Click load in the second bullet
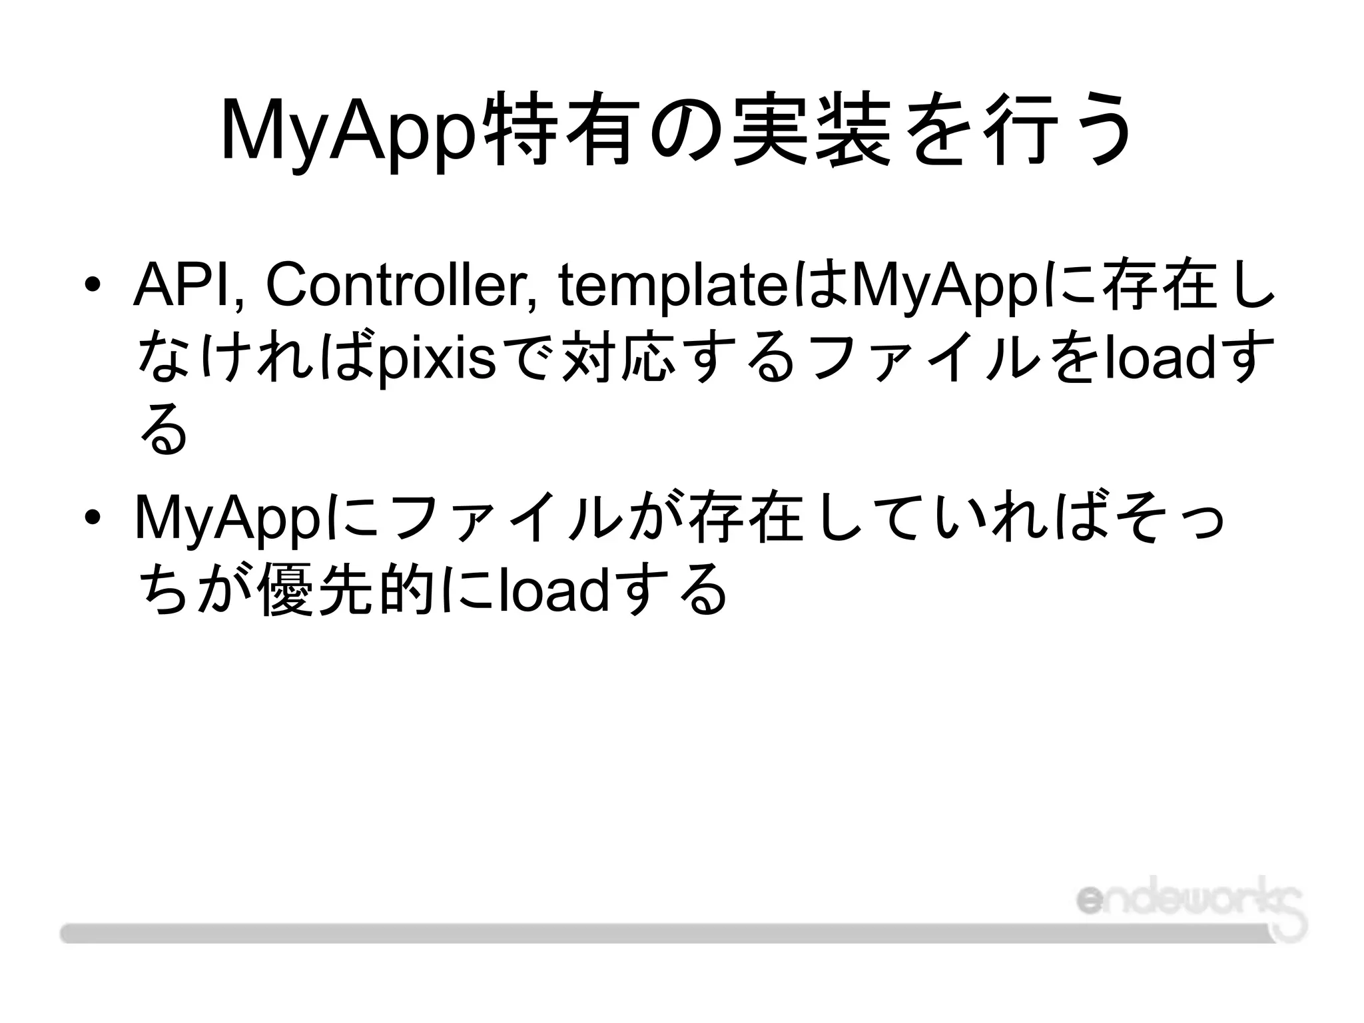553,590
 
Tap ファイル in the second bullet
503,518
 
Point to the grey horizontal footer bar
666,932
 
